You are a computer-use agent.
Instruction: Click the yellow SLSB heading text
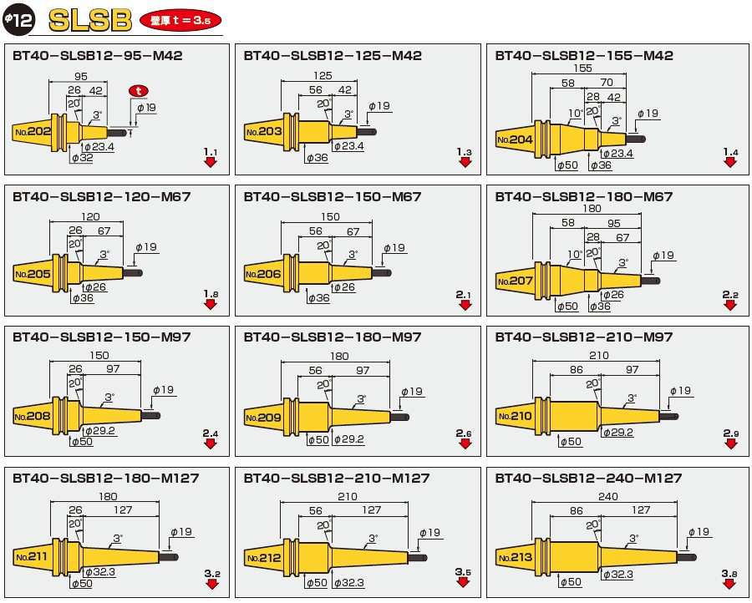pos(90,21)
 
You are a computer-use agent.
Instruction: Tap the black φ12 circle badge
pos(19,19)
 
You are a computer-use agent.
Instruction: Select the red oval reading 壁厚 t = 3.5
pos(180,21)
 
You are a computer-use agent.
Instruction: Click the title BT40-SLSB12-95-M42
pos(98,56)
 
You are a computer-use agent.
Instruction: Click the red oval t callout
pos(139,90)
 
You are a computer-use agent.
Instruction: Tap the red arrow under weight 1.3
pos(465,162)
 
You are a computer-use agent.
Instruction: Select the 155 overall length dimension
pos(582,68)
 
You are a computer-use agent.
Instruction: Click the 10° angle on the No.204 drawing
pos(576,114)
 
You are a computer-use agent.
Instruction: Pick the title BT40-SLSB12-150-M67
pos(333,197)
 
